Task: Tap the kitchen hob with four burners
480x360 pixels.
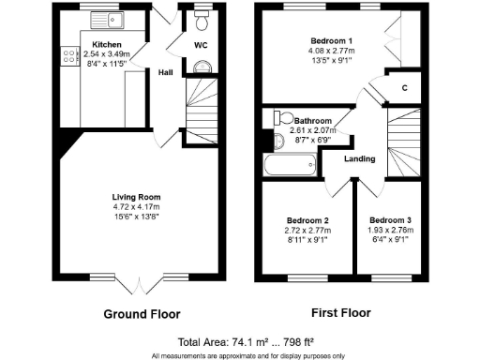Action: pyautogui.click(x=69, y=56)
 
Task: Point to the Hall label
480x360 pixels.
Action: pyautogui.click(x=165, y=72)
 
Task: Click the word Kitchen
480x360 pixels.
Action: pyautogui.click(x=107, y=44)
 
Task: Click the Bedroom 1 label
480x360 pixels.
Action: pyautogui.click(x=332, y=41)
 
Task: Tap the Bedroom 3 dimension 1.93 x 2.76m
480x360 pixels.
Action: pyautogui.click(x=389, y=229)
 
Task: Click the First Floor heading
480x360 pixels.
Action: pyautogui.click(x=340, y=313)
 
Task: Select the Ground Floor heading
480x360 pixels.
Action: pyautogui.click(x=142, y=313)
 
